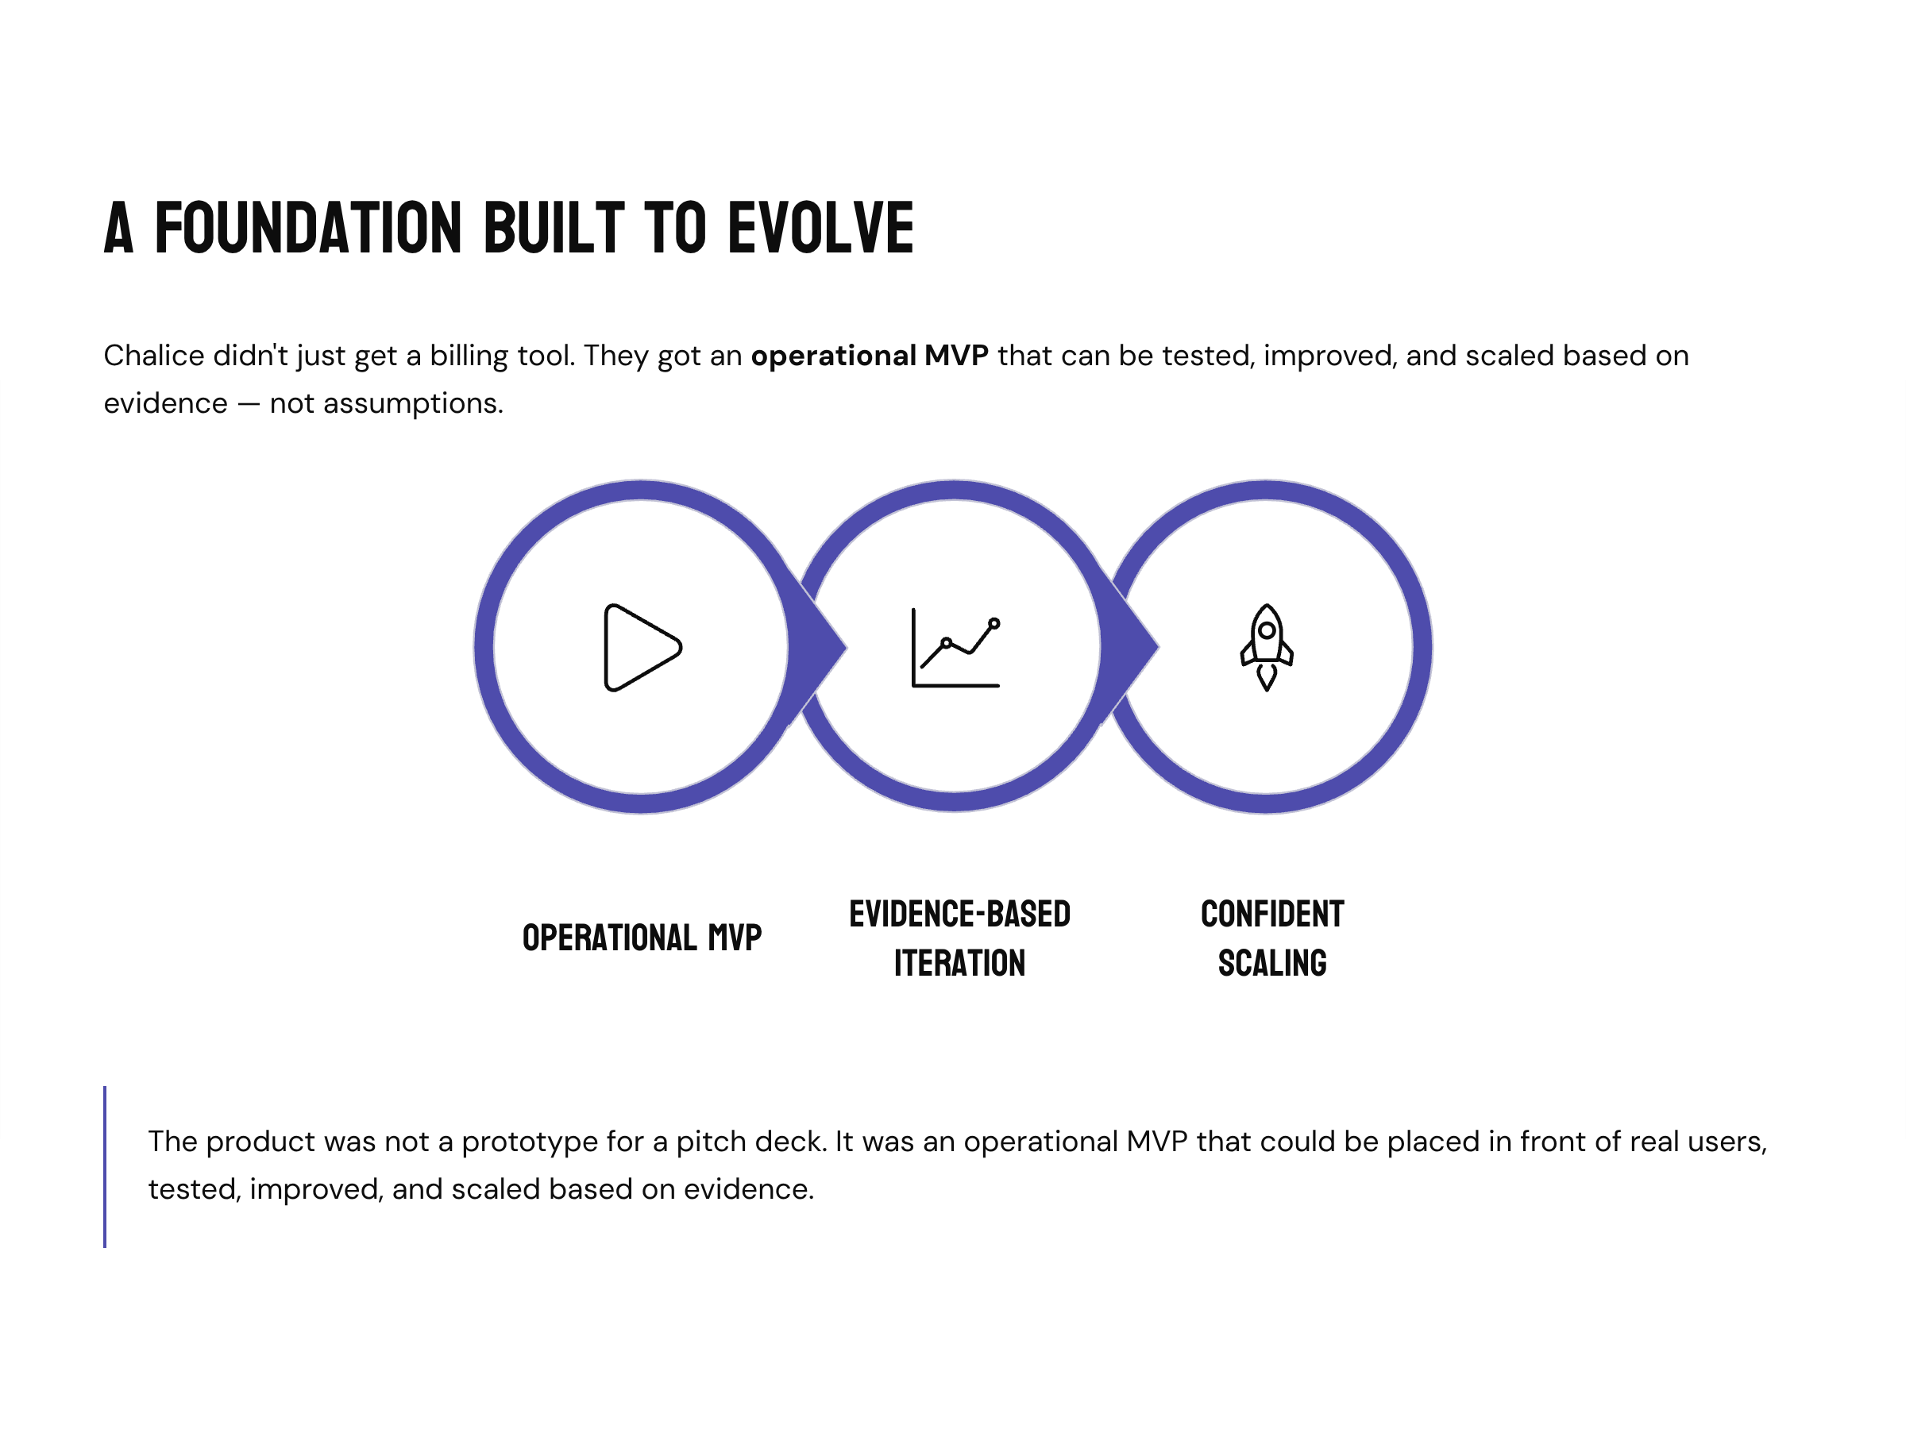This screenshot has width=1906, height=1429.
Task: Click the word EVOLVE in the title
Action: point(820,229)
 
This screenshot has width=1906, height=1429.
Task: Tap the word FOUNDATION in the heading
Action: point(308,229)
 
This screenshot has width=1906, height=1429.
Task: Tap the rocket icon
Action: point(1267,648)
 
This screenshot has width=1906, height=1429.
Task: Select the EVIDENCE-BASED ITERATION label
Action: point(959,938)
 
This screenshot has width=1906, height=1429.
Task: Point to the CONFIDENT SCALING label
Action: point(1271,938)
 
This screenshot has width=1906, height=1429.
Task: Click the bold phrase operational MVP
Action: point(869,356)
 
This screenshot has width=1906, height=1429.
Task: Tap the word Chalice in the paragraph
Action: point(153,356)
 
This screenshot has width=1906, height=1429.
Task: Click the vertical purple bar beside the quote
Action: point(105,1166)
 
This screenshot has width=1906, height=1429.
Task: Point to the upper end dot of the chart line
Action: point(994,622)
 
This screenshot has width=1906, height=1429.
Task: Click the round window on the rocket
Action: point(1267,630)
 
